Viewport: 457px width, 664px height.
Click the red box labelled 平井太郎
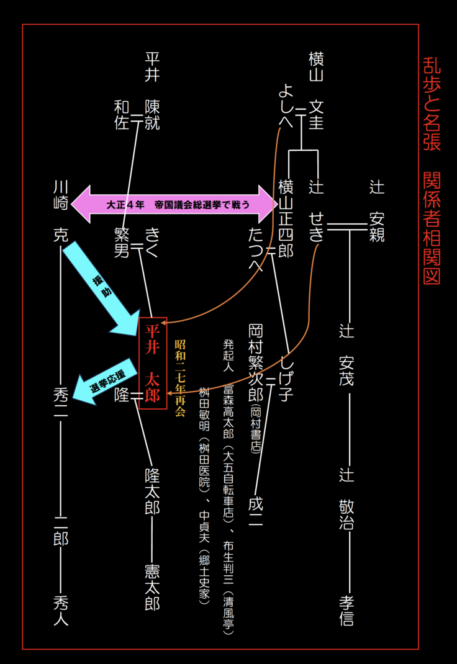152,363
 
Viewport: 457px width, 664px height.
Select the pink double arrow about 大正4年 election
174,204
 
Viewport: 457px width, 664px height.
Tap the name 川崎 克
60,210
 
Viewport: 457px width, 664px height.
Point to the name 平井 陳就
152,91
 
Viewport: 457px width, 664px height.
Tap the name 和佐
122,115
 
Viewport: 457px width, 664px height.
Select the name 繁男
122,242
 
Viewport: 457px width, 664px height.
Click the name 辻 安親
377,210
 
